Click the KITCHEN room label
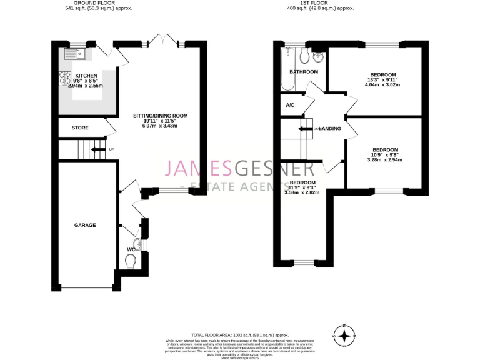point(69,75)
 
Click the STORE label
point(80,127)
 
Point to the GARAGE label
point(85,225)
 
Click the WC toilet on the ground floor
point(131,262)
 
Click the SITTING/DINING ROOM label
point(160,116)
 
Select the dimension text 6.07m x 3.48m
point(160,126)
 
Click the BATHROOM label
point(304,72)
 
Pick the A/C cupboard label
point(290,105)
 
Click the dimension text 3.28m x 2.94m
point(385,159)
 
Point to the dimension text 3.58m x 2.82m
point(302,192)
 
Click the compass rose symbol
point(344,335)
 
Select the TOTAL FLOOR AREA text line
point(240,336)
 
